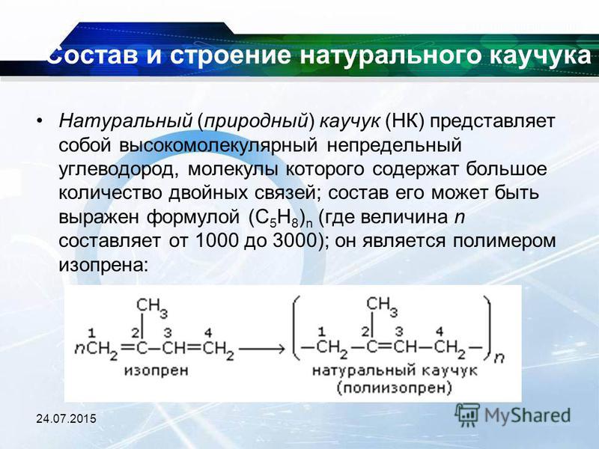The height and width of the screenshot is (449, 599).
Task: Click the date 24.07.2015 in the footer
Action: [66, 418]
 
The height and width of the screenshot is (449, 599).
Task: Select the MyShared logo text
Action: [528, 416]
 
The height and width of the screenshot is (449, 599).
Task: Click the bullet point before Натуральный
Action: [40, 121]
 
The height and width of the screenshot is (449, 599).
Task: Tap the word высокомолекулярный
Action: [219, 146]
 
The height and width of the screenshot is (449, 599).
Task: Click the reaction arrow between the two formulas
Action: [263, 348]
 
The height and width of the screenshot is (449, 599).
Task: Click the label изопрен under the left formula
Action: [156, 370]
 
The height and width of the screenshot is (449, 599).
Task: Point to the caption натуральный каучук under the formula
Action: [395, 370]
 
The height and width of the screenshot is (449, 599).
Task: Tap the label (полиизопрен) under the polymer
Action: [395, 388]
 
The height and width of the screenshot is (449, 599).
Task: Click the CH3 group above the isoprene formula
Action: [152, 307]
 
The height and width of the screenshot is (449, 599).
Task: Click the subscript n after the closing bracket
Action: [499, 358]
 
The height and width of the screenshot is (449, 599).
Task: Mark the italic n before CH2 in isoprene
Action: [79, 348]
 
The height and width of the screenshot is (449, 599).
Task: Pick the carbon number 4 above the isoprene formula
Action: [208, 332]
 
